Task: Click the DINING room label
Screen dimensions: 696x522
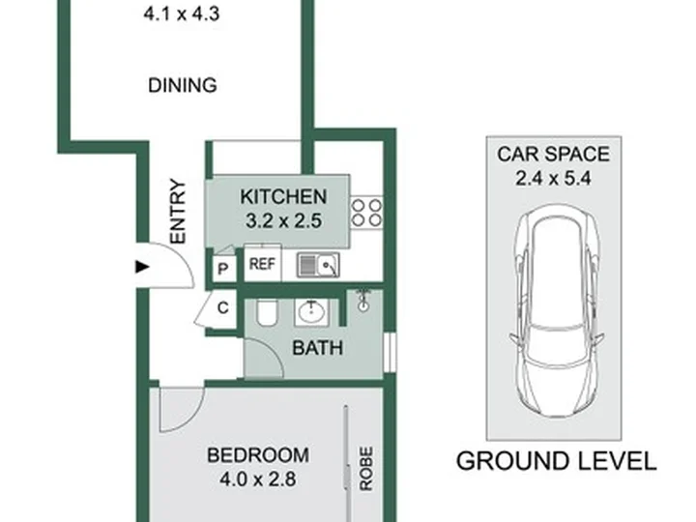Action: tap(183, 85)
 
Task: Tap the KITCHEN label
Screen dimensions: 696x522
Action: tap(283, 196)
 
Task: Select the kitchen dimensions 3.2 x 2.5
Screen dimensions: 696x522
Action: tap(283, 220)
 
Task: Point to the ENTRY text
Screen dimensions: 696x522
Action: tap(178, 212)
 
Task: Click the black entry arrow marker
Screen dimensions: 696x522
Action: tap(142, 267)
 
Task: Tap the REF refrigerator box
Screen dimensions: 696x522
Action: tap(262, 263)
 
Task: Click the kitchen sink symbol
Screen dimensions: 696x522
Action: tap(318, 265)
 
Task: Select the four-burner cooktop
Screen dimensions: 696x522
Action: tap(366, 213)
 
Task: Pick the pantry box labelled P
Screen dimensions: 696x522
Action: tap(223, 268)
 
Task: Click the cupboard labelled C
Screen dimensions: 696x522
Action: tap(222, 308)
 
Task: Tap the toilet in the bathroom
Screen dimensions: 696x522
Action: tap(267, 312)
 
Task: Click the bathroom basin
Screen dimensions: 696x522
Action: tap(311, 312)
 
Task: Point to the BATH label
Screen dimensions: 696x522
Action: tap(318, 348)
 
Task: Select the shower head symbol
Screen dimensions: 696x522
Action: tap(364, 300)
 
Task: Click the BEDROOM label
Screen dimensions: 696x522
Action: tap(258, 455)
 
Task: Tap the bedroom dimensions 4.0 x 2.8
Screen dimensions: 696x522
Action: tap(258, 479)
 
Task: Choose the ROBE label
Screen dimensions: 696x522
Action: tap(365, 469)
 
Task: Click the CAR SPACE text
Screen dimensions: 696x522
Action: tap(554, 154)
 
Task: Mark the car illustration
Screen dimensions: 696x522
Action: tap(558, 310)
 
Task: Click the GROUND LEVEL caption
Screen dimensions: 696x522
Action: tap(556, 461)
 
